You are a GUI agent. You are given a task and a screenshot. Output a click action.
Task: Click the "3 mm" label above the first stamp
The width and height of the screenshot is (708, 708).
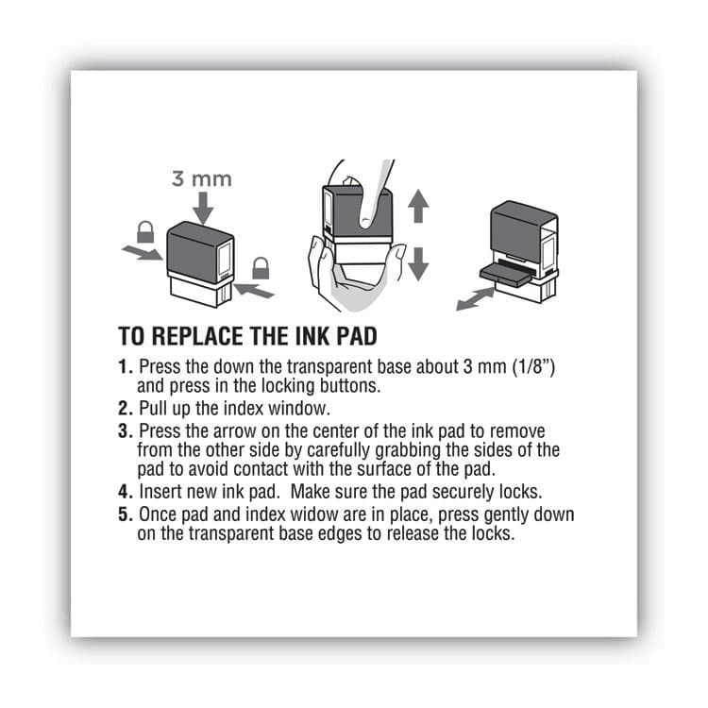coord(200,177)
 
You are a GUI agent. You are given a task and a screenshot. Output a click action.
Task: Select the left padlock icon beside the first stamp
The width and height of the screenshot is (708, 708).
coord(145,231)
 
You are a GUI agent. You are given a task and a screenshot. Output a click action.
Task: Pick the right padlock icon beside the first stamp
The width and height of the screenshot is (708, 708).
coord(261,269)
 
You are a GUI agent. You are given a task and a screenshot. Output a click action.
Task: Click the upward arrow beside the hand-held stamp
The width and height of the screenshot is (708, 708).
coord(419,205)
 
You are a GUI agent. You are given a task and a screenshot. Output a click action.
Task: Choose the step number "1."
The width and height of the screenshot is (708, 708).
coord(126,366)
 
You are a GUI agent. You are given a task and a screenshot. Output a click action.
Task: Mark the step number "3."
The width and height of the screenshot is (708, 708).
coord(126,430)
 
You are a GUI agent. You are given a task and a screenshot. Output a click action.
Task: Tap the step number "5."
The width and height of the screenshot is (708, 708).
coord(126,515)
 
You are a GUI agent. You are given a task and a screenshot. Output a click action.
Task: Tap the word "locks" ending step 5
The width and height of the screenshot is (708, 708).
coord(491,534)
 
